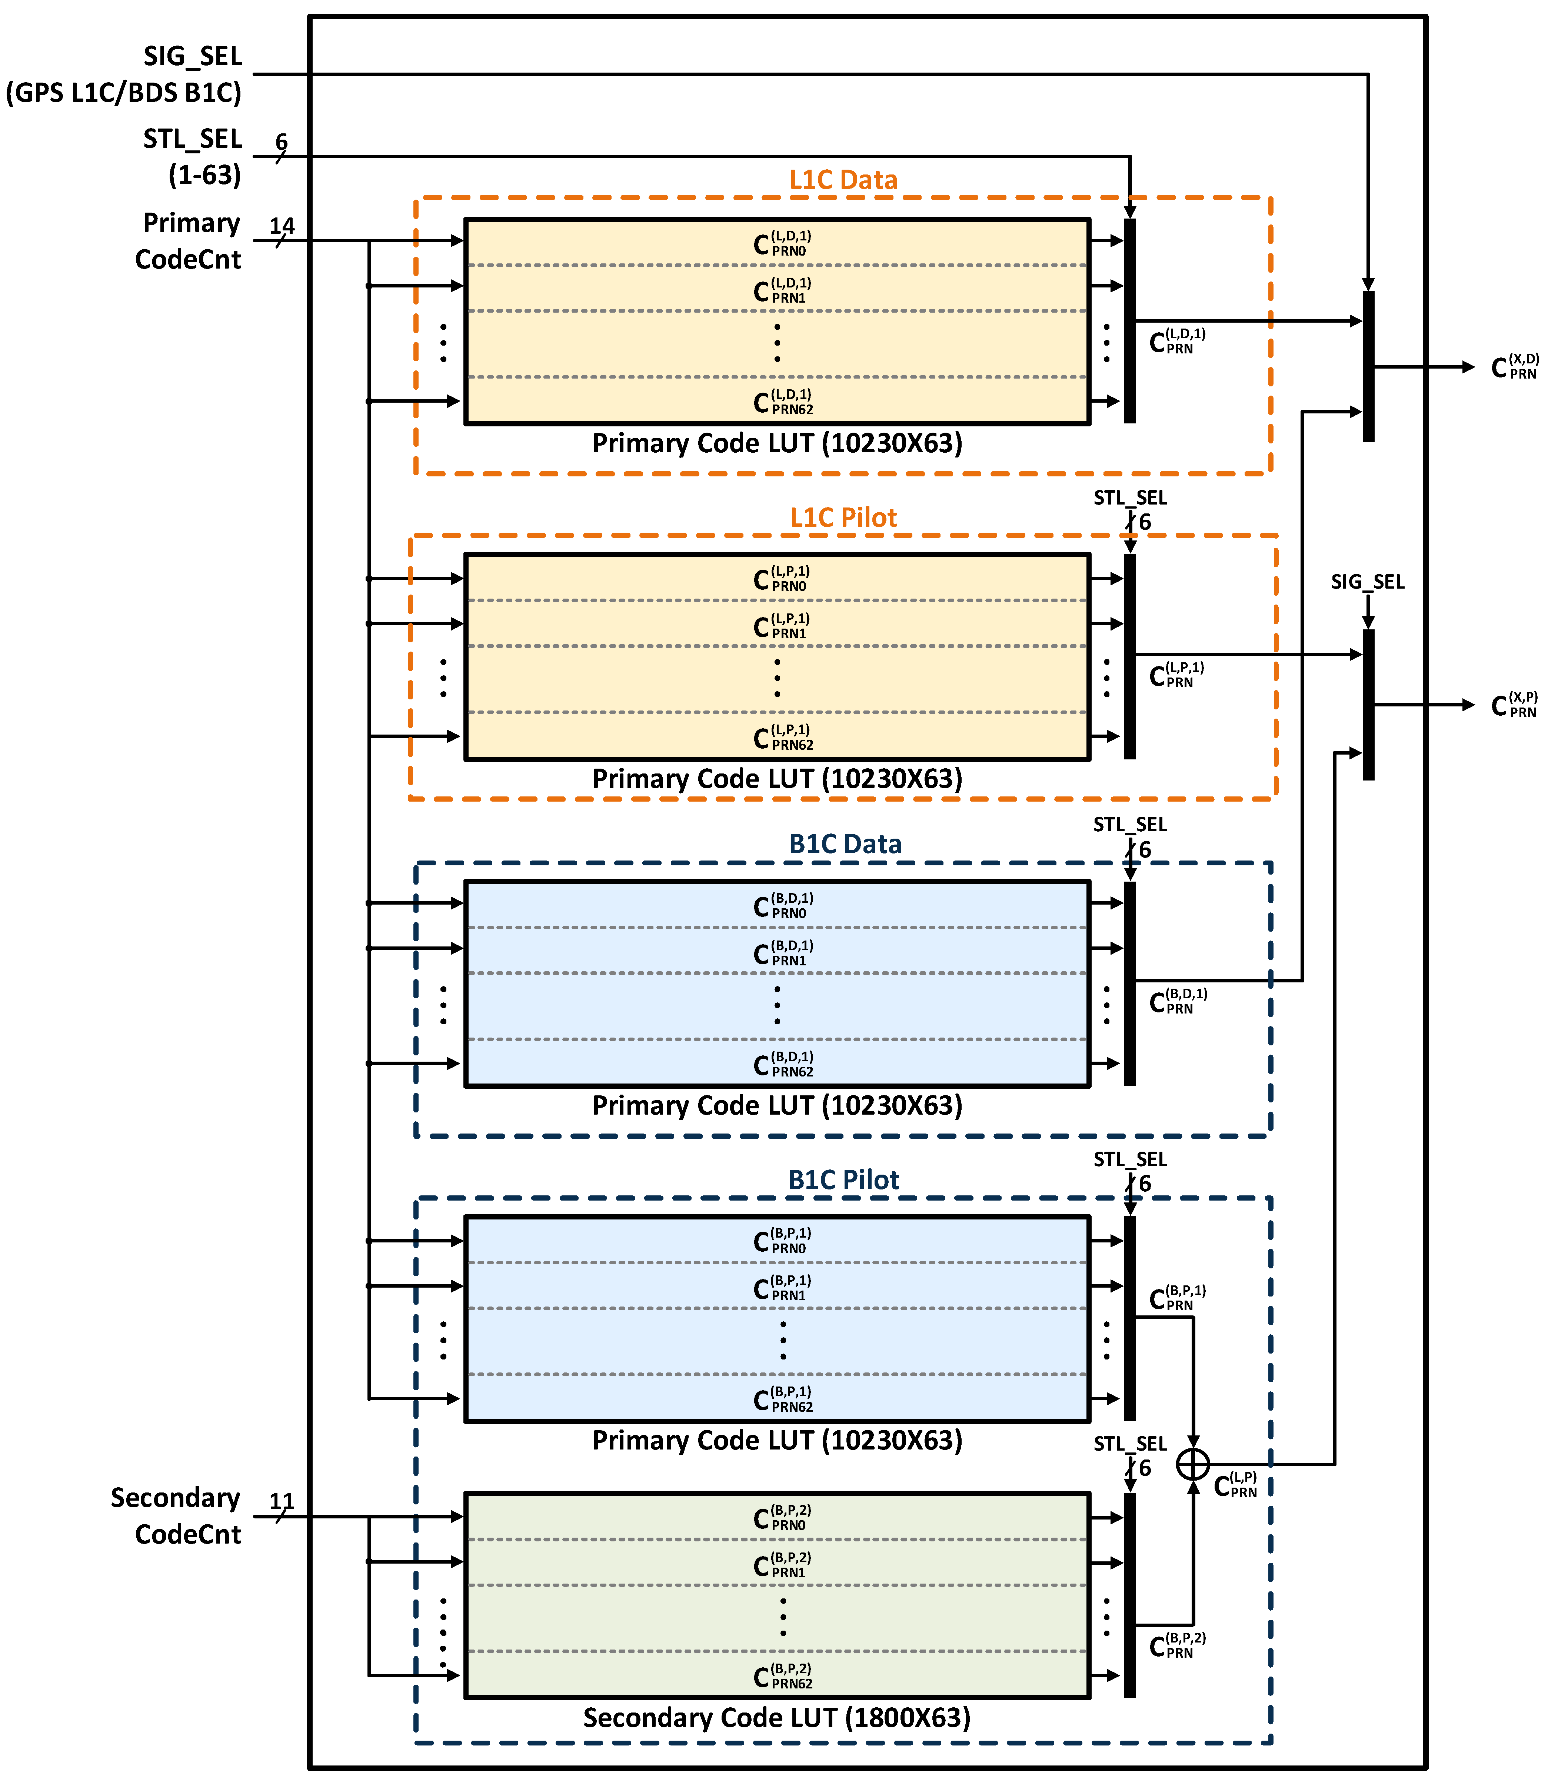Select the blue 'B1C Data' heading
[845, 844]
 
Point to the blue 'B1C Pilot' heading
[843, 1180]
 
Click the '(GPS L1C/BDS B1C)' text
[123, 93]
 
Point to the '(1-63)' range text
[205, 175]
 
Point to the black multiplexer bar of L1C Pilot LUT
[1129, 656]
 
